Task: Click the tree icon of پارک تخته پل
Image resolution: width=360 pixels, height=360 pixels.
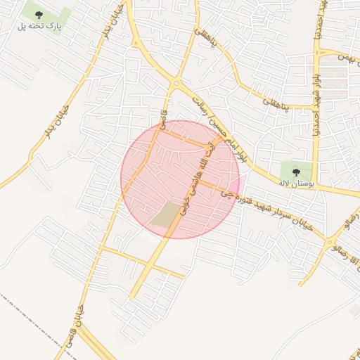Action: pyautogui.click(x=38, y=15)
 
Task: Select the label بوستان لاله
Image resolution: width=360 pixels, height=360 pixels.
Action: pyautogui.click(x=294, y=184)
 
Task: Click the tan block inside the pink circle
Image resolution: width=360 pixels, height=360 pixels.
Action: pyautogui.click(x=167, y=214)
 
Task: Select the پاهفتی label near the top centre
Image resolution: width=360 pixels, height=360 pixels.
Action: pyautogui.click(x=218, y=53)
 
